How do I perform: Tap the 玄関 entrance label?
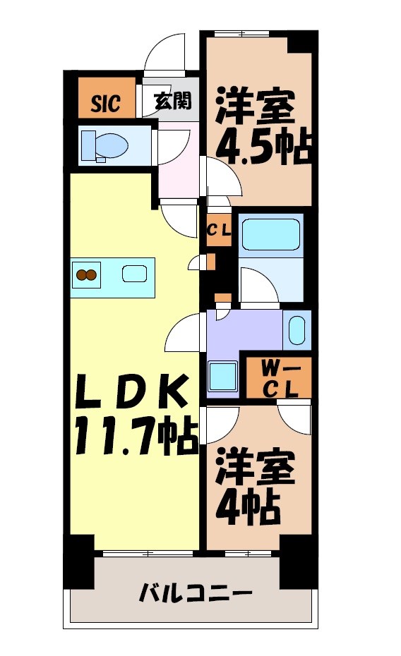tap(172, 102)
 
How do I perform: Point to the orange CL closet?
tap(219, 230)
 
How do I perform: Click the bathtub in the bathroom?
tap(270, 234)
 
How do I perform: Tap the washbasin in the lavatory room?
tap(297, 330)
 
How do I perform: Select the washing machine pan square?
tap(224, 375)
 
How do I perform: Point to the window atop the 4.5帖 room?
tap(243, 34)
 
